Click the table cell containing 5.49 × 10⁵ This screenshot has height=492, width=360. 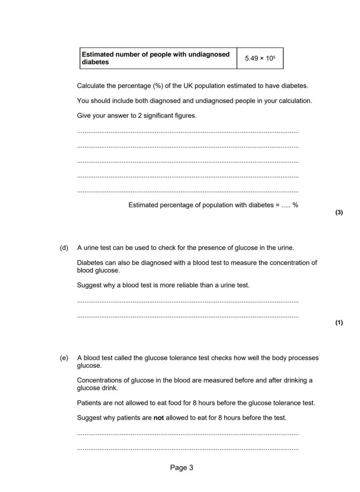(260, 58)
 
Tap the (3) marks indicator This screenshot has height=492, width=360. (339, 212)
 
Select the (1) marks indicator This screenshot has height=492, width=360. (339, 322)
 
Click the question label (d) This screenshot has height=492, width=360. (64, 248)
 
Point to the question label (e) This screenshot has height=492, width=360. (64, 358)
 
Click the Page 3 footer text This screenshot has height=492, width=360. (182, 468)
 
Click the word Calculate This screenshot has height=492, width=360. (90, 86)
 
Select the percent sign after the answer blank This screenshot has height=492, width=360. (296, 205)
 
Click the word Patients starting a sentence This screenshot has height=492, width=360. (90, 403)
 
